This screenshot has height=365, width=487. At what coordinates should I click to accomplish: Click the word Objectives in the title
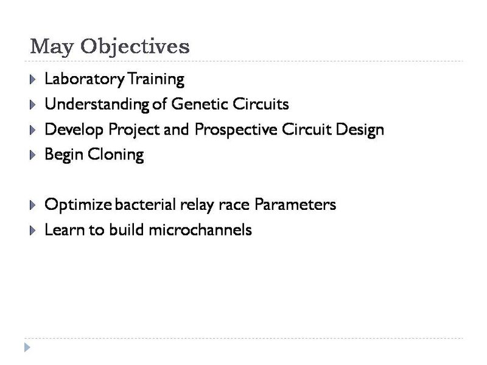(135, 47)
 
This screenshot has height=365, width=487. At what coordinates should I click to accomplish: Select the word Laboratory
(85, 79)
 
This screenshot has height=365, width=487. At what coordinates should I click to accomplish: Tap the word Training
(156, 79)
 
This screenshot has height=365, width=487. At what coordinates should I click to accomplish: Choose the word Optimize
(77, 205)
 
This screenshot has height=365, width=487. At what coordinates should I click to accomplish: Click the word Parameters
(295, 205)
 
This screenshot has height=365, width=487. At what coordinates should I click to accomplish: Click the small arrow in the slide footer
(27, 347)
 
